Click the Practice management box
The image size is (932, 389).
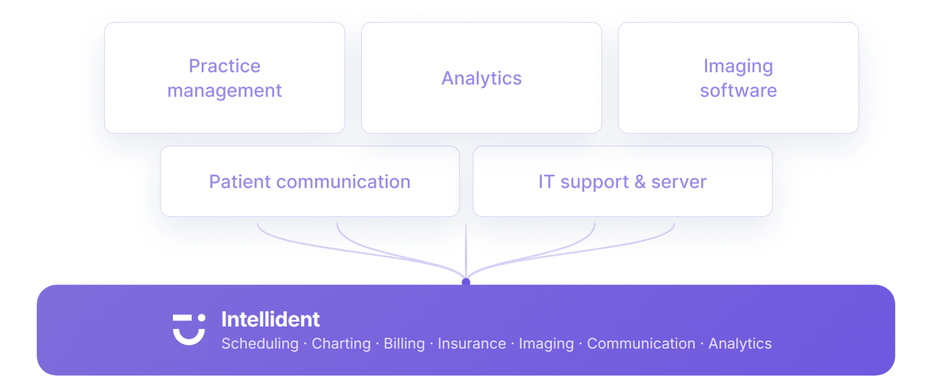pyautogui.click(x=224, y=78)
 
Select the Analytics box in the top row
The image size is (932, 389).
pyautogui.click(x=481, y=78)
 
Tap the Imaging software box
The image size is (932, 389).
pyautogui.click(x=738, y=78)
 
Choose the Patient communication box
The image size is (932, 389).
pyautogui.click(x=310, y=181)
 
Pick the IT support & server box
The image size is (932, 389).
pyautogui.click(x=622, y=181)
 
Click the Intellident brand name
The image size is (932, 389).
pyautogui.click(x=270, y=319)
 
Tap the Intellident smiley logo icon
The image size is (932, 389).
pyautogui.click(x=189, y=329)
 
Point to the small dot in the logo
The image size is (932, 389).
pyautogui.click(x=201, y=317)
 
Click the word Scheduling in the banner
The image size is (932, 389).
pyautogui.click(x=260, y=344)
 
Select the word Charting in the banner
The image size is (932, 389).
pyautogui.click(x=341, y=344)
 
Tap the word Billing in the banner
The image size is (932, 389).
pyautogui.click(x=404, y=344)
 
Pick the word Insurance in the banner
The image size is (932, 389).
pyautogui.click(x=472, y=344)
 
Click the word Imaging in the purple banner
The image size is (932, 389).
pyautogui.click(x=546, y=344)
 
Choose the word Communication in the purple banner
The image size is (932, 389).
pyautogui.click(x=641, y=344)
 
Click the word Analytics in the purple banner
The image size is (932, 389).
pyautogui.click(x=740, y=344)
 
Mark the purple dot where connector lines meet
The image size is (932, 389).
pyautogui.click(x=466, y=282)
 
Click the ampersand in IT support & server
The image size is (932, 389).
pyautogui.click(x=640, y=181)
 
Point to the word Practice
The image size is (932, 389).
pyautogui.click(x=224, y=66)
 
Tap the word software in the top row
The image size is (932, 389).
pyautogui.click(x=738, y=90)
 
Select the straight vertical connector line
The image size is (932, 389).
pyautogui.click(x=466, y=251)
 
